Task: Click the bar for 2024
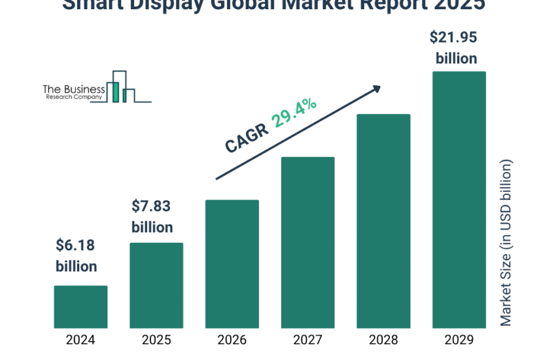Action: [80, 306]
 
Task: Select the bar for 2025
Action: [156, 285]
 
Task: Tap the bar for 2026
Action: [232, 264]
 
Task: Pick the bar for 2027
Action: [307, 242]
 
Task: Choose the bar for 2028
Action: [383, 221]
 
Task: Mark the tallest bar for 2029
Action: [459, 200]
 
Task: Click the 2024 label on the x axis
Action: [80, 340]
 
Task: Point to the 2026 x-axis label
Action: [232, 340]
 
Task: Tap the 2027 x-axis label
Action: [307, 340]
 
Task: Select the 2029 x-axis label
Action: [459, 340]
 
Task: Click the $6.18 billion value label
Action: [76, 256]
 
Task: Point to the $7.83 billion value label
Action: [152, 217]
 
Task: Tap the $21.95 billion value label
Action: [456, 48]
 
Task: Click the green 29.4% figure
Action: [295, 112]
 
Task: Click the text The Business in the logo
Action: [73, 88]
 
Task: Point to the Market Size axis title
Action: [506, 242]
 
